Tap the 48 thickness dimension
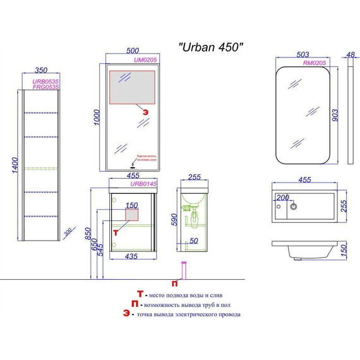351,55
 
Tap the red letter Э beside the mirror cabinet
147,111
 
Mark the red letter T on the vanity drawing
115,232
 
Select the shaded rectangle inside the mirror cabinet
132,87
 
